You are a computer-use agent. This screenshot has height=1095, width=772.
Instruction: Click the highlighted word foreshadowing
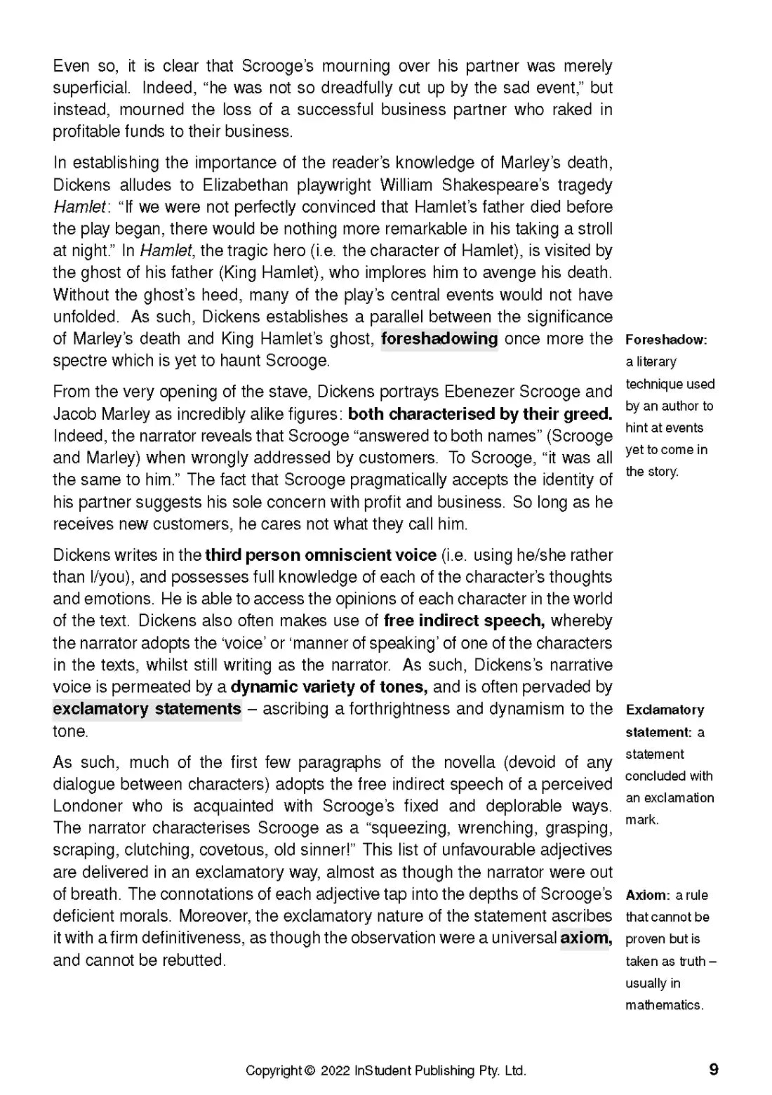pos(439,339)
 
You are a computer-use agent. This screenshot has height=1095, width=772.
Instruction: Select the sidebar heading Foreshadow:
pos(666,340)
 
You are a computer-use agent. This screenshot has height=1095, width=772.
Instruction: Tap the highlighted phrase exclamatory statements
pos(147,709)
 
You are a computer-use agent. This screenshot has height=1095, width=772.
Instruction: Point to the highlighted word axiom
pos(585,938)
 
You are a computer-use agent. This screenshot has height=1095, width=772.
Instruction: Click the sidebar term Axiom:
pos(648,895)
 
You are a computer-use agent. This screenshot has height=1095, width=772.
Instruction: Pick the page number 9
pos(714,1070)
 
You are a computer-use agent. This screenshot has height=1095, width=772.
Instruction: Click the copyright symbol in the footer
pos(310,1071)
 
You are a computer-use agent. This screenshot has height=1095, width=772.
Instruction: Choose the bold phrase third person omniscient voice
pos(321,555)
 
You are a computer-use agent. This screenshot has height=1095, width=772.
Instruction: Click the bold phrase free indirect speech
pos(463,621)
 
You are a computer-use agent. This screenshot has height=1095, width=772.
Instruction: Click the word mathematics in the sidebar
pos(664,1005)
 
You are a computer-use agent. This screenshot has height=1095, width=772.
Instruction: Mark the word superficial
pos(91,88)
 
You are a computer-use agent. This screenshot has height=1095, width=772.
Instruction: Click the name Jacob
pos(74,414)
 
